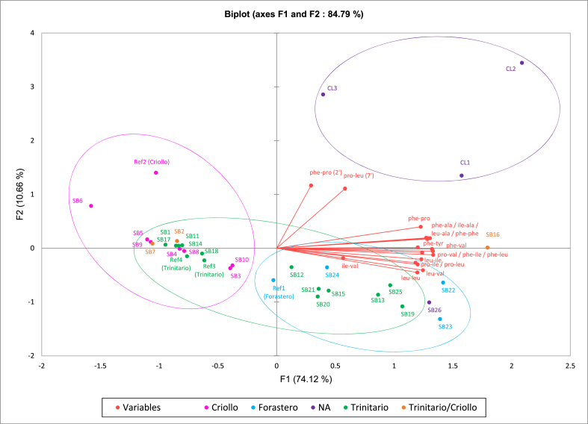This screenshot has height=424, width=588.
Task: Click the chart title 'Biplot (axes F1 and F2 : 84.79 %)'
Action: pos(294,13)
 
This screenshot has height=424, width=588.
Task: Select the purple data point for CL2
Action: pos(522,63)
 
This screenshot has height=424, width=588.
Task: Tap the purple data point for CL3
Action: pos(323,94)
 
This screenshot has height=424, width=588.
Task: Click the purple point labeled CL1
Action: pos(462,175)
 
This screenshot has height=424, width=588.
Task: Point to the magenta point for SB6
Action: pos(91,206)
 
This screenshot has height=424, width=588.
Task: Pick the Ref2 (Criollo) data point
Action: pos(155,172)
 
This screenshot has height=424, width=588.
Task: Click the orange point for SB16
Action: pos(488,248)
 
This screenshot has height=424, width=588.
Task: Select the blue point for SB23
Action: pos(440,319)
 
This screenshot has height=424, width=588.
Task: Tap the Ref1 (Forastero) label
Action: pos(279,292)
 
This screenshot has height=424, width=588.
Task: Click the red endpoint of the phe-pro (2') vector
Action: pos(311,185)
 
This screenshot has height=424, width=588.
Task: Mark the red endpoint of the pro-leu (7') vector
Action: pos(345,188)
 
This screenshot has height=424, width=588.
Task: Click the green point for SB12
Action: pos(291,266)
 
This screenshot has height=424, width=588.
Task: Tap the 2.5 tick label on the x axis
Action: pos(570,367)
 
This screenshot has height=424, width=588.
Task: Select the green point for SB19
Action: pos(402,306)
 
